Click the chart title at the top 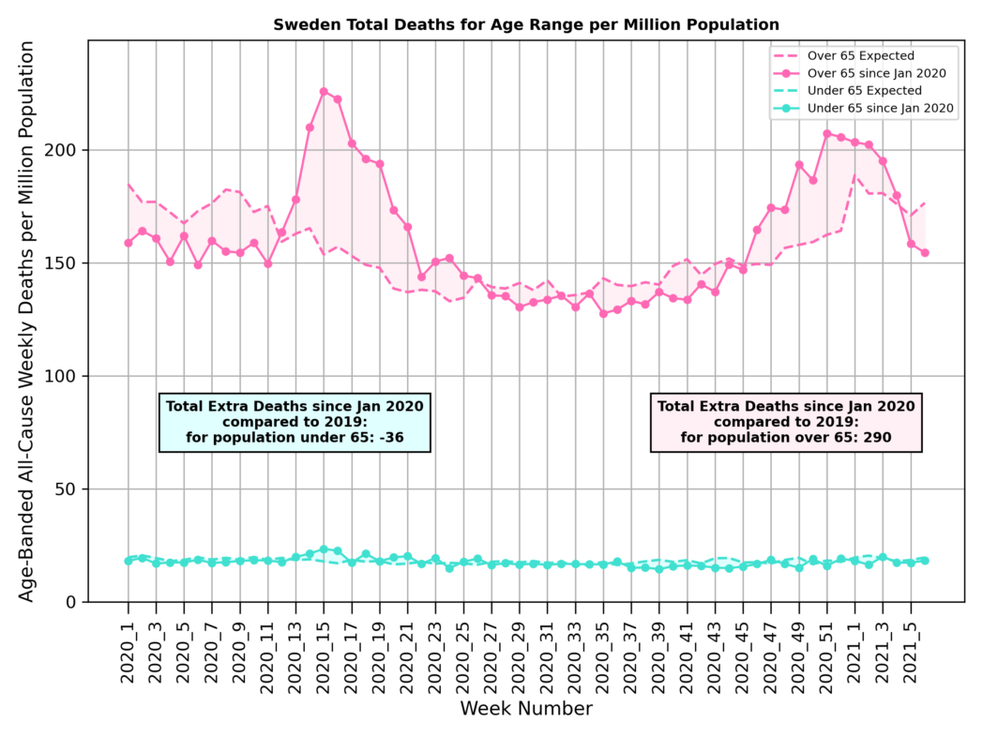point(526,23)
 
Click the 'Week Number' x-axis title point(526,709)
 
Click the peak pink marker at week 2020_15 point(324,92)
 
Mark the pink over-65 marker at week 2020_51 point(827,134)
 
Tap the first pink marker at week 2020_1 point(129,243)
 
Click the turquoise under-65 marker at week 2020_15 point(324,549)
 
